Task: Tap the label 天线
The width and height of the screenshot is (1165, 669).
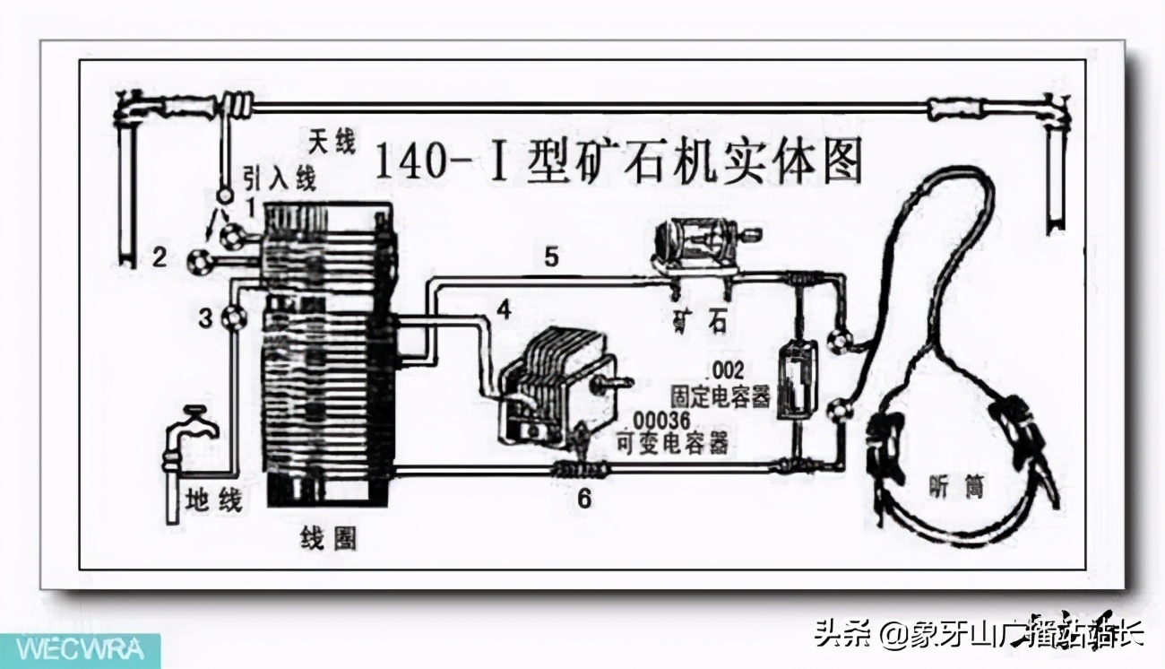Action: (332, 142)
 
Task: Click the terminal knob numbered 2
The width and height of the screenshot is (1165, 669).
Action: (198, 261)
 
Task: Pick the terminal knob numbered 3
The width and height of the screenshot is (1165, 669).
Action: (235, 316)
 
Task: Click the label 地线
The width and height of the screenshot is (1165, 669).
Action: (212, 500)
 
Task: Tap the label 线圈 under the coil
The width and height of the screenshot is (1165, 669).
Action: (327, 537)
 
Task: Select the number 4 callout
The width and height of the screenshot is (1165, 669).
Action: (504, 309)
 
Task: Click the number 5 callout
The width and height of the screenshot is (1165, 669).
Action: (551, 257)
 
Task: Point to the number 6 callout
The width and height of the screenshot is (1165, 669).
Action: (583, 499)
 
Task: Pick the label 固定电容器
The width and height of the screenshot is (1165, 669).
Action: (720, 395)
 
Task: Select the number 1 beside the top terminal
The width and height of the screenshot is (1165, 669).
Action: (252, 206)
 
